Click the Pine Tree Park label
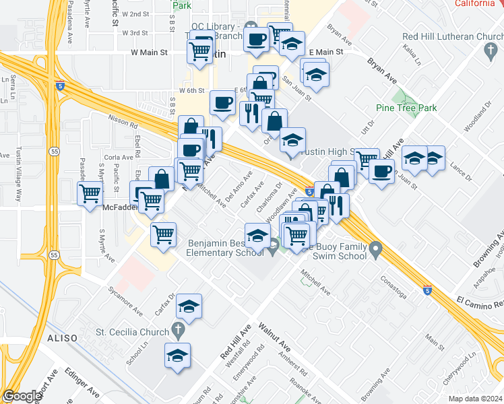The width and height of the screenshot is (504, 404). [406, 108]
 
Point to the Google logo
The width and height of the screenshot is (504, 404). [22, 396]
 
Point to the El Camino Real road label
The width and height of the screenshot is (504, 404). [479, 301]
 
